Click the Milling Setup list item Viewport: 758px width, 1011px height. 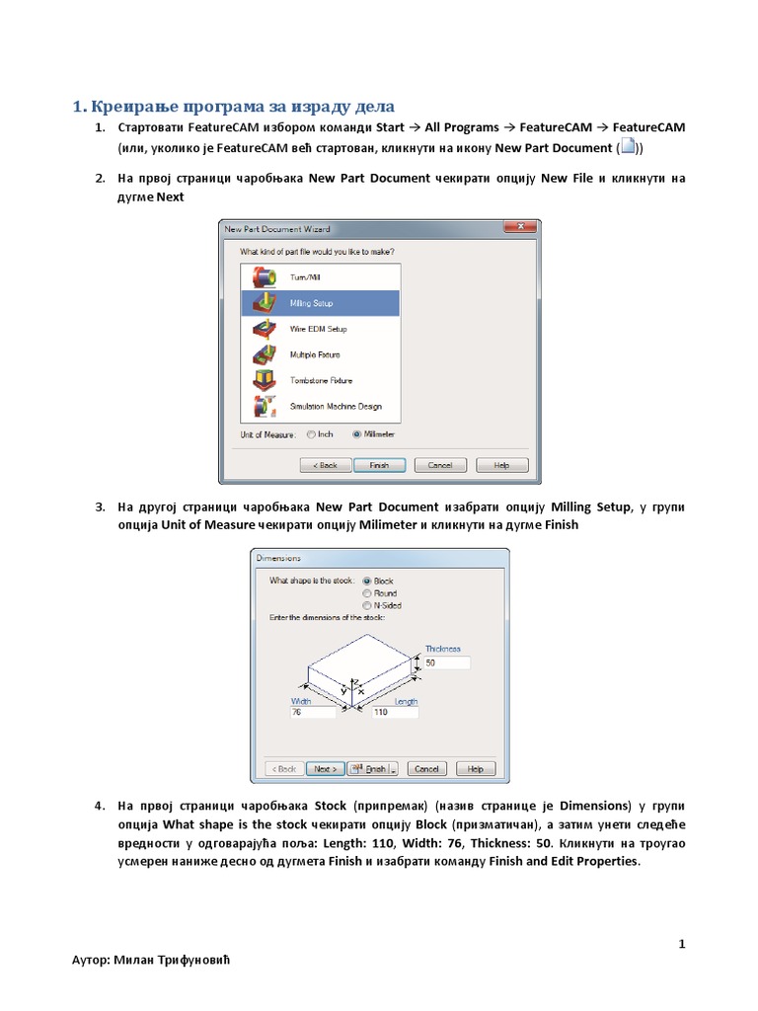click(x=313, y=303)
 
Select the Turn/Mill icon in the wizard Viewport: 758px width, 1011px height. click(x=264, y=277)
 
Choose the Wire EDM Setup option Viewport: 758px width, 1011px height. click(x=318, y=329)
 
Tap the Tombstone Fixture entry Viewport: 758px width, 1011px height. click(x=321, y=380)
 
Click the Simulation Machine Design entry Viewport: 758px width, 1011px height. click(x=335, y=406)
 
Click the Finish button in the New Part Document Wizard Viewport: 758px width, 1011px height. click(x=379, y=465)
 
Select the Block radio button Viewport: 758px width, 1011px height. click(x=367, y=582)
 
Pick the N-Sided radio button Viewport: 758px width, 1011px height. click(x=367, y=605)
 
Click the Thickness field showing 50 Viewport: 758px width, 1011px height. click(x=446, y=663)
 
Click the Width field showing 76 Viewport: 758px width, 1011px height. click(x=312, y=712)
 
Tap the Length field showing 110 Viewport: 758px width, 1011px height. click(x=394, y=712)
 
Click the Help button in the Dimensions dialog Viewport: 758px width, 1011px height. click(x=475, y=768)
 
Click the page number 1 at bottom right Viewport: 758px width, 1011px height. click(x=681, y=945)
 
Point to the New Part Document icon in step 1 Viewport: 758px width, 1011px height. click(x=628, y=148)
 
